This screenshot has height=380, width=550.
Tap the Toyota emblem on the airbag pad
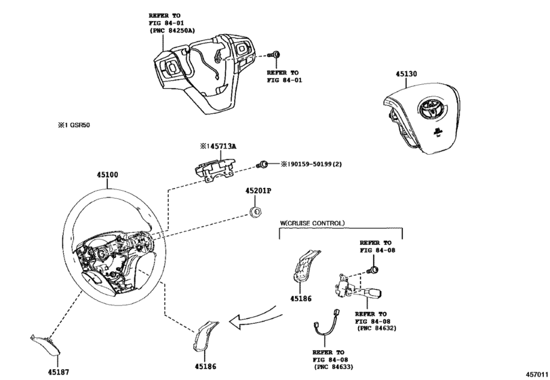tap(429, 107)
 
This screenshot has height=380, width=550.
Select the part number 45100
tap(106, 175)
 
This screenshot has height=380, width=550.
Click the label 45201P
tap(258, 191)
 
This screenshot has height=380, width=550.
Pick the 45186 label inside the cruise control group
tap(300, 298)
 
